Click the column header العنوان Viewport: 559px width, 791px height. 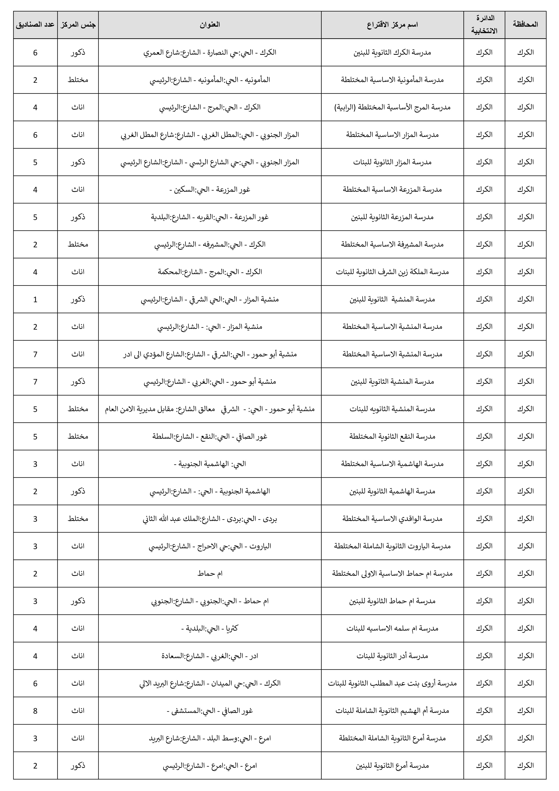[209, 24]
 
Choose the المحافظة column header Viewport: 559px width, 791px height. [525, 24]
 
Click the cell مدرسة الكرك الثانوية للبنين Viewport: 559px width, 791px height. [392, 52]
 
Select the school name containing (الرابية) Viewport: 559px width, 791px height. [392, 107]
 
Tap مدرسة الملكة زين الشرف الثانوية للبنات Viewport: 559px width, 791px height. [392, 272]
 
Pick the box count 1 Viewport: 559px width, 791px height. [35, 299]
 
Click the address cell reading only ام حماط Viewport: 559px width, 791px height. [209, 574]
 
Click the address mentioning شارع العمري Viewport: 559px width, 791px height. [209, 52]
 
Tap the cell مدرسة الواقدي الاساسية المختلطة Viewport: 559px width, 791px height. [392, 519]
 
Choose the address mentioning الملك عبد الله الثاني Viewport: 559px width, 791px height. [209, 519]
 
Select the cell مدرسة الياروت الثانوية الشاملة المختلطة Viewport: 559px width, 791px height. [392, 546]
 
